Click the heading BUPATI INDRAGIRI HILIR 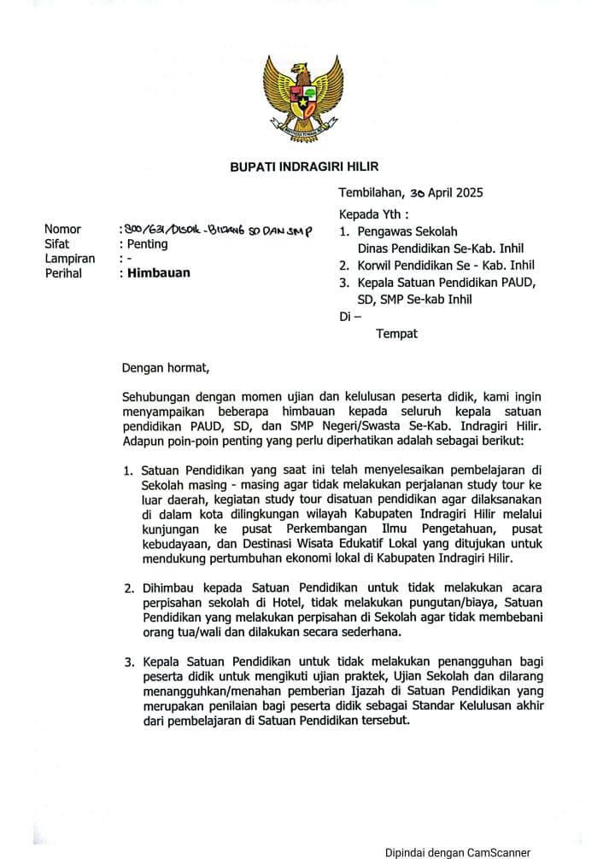coord(304,167)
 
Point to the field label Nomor coord(62,229)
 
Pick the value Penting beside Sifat coord(147,243)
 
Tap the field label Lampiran coord(69,258)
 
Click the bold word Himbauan coord(158,273)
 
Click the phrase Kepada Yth coord(373,213)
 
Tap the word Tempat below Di coord(396,334)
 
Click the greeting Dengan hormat coord(165,368)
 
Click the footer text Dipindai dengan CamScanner coord(456,851)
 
